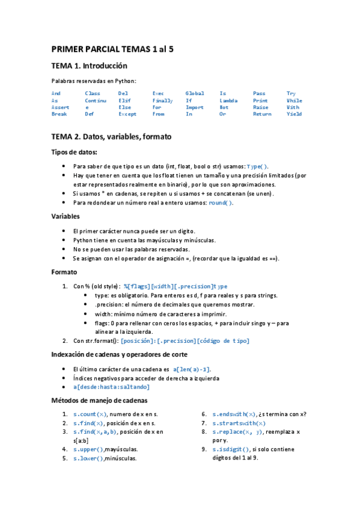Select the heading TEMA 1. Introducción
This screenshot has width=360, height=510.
click(89, 66)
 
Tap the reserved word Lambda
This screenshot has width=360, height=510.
click(228, 100)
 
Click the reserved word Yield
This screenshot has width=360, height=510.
click(294, 114)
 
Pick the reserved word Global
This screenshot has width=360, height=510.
click(195, 94)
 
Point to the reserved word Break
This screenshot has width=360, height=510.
click(59, 114)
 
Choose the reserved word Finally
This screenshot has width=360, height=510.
click(162, 100)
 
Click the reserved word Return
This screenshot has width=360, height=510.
click(262, 114)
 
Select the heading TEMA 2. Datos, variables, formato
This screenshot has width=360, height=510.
click(111, 137)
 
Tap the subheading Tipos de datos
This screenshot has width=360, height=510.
click(74, 153)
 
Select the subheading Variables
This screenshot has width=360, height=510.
click(66, 217)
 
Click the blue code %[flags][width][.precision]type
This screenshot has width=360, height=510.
click(175, 286)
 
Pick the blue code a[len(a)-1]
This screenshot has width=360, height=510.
click(191, 369)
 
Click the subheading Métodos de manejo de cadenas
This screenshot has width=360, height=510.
click(99, 401)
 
